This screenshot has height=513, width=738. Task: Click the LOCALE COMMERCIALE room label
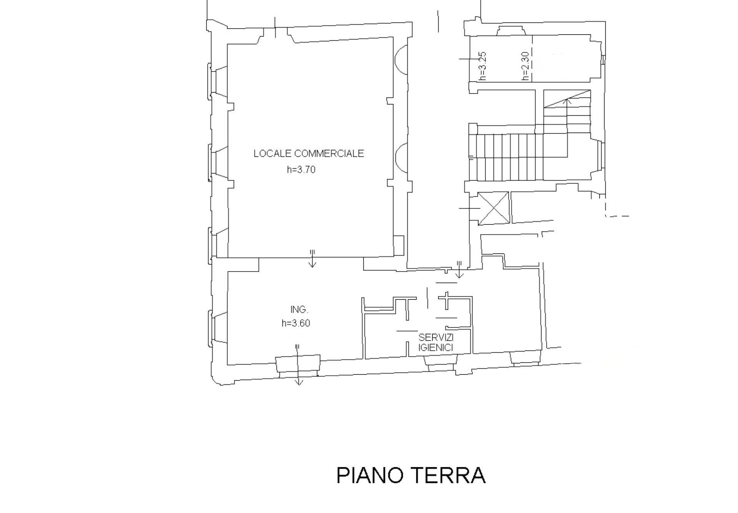point(308,154)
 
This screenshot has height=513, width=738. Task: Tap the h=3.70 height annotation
point(301,170)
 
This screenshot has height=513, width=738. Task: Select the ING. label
point(299,309)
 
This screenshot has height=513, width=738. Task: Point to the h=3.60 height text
point(296,323)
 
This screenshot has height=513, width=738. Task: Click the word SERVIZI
point(436,338)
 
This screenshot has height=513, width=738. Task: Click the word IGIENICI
point(436,348)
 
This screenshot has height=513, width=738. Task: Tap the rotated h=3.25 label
point(483,66)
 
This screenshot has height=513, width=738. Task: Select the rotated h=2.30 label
point(526,66)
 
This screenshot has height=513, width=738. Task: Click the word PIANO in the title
point(369,475)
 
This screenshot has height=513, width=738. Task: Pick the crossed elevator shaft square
point(494,208)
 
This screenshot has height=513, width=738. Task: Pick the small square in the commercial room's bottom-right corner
point(399,246)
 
